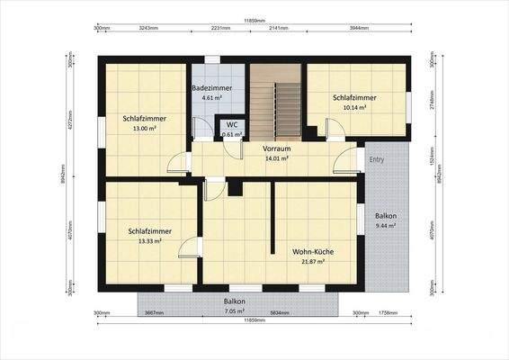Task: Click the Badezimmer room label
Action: click(x=212, y=88)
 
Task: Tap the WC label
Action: click(x=232, y=125)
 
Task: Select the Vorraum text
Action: click(x=276, y=148)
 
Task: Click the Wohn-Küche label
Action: click(x=312, y=252)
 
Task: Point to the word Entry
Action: click(x=377, y=159)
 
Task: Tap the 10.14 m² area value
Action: click(x=354, y=107)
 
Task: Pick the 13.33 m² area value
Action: click(x=149, y=240)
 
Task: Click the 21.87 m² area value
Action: click(x=312, y=262)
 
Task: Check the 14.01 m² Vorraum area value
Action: click(x=276, y=158)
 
